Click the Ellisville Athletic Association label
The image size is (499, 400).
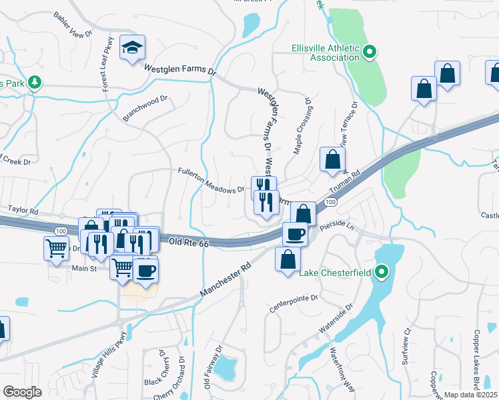[x=326, y=53]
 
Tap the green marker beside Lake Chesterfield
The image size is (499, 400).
[x=381, y=272]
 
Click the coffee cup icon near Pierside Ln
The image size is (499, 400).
[x=295, y=234]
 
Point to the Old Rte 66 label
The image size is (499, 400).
[x=189, y=244]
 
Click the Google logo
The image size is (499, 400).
[x=22, y=391]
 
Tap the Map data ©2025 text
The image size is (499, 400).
[x=471, y=395]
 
